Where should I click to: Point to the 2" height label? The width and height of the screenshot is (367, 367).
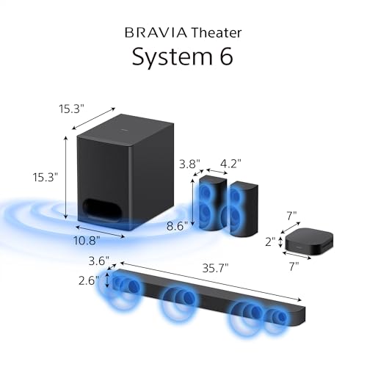point(269,241)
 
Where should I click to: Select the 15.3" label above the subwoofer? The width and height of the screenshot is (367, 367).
point(72,109)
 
